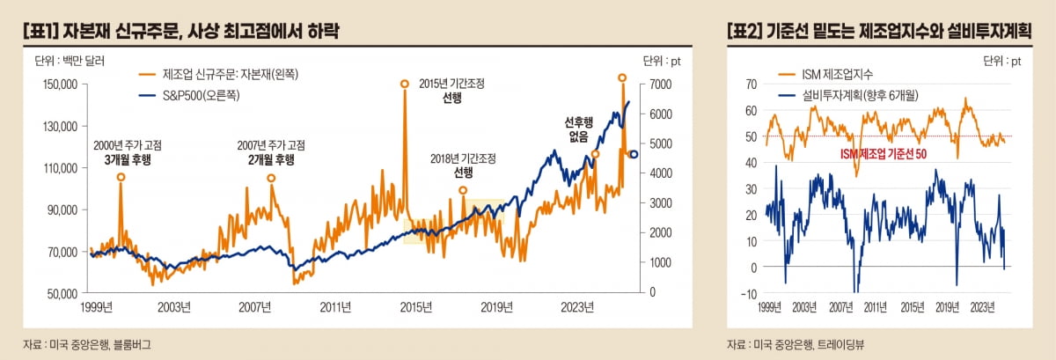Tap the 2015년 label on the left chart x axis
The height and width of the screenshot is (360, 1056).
(x=416, y=307)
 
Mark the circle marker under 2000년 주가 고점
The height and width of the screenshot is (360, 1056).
(x=121, y=177)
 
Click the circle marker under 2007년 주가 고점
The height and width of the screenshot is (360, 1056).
(x=271, y=178)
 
